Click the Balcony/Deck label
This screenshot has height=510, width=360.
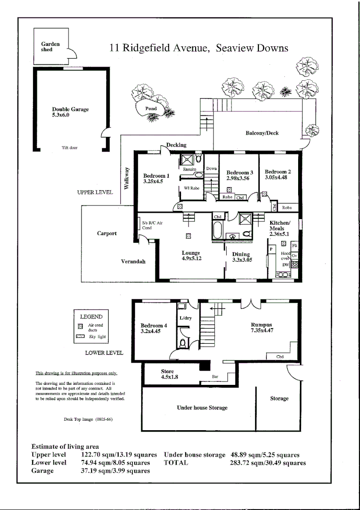(x=262, y=133)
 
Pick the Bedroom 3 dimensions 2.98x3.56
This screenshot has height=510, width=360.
(x=240, y=178)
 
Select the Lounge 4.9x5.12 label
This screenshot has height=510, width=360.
(x=191, y=256)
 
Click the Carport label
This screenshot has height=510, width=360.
(x=107, y=233)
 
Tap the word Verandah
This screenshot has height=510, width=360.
(x=133, y=261)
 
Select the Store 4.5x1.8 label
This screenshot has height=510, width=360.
(x=168, y=374)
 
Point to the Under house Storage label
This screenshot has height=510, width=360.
(x=202, y=408)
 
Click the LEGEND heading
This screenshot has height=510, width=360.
(x=91, y=317)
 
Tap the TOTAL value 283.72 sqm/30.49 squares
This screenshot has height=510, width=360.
(x=267, y=463)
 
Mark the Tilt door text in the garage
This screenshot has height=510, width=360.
(x=69, y=148)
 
